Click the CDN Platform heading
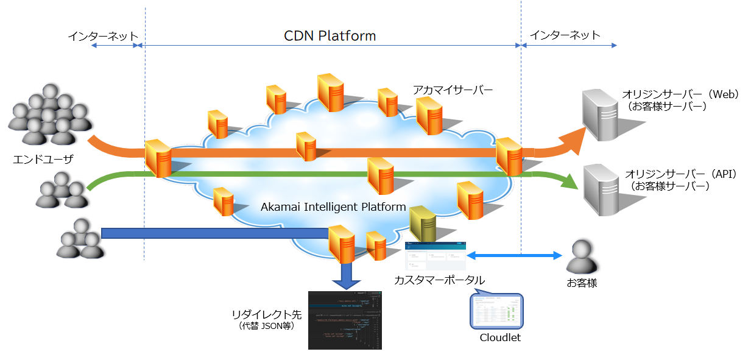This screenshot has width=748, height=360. (330, 35)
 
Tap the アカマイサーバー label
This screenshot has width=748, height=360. (452, 90)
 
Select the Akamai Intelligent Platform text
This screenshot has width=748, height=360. (333, 207)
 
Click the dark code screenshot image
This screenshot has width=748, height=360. (345, 320)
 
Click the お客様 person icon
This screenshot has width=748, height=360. (582, 256)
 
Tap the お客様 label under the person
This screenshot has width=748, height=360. (581, 283)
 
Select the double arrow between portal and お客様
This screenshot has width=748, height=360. (514, 255)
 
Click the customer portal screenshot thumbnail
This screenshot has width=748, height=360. (436, 256)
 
